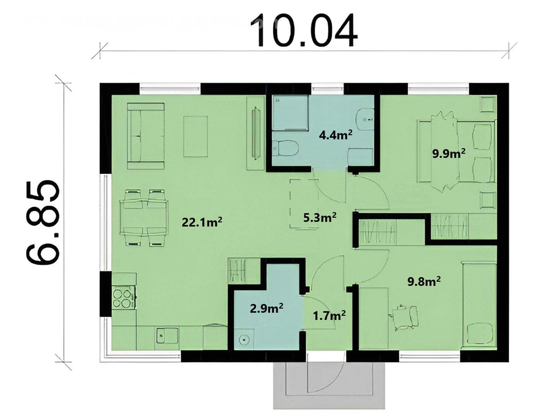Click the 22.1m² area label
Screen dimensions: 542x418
click(202, 222)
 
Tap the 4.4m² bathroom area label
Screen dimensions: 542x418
click(336, 135)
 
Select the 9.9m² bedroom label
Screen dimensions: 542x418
click(449, 154)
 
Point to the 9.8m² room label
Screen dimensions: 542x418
click(424, 281)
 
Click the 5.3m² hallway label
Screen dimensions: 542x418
click(320, 218)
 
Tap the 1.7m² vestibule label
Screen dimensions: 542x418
click(329, 316)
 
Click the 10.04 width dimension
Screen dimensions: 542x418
click(304, 31)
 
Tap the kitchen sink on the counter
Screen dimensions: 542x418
click(167, 336)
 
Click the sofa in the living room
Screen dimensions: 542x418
click(146, 136)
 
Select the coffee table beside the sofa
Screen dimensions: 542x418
click(196, 137)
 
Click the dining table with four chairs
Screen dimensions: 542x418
click(144, 218)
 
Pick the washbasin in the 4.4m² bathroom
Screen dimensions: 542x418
click(365, 119)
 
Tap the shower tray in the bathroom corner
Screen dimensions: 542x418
click(290, 112)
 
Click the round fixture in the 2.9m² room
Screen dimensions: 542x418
click(244, 339)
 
